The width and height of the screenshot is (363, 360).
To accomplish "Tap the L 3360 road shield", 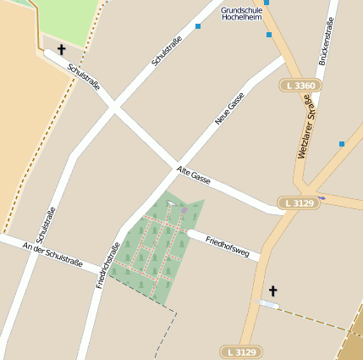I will pyautogui.click(x=300, y=86).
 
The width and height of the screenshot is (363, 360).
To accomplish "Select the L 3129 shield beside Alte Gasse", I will pyautogui.click(x=299, y=203).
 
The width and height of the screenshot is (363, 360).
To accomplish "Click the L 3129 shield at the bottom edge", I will pyautogui.click(x=240, y=352).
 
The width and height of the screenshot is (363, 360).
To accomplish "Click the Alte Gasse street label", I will pyautogui.click(x=193, y=175).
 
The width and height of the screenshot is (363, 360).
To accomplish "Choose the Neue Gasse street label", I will pyautogui.click(x=229, y=109).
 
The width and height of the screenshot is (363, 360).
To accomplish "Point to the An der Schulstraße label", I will pyautogui.click(x=52, y=256).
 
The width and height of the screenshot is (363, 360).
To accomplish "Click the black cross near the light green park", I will pyautogui.click(x=61, y=50).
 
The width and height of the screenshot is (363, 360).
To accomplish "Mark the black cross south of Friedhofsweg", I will pyautogui.click(x=272, y=291).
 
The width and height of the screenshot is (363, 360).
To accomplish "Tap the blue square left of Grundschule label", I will pyautogui.click(x=198, y=26).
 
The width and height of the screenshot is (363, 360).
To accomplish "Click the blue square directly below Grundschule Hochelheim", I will pyautogui.click(x=269, y=35).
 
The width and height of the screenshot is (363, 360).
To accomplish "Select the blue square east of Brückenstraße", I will pyautogui.click(x=342, y=144).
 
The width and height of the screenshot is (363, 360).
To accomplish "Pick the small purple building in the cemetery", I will pyautogui.click(x=184, y=209).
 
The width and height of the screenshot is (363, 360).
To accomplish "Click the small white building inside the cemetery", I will pyautogui.click(x=170, y=203).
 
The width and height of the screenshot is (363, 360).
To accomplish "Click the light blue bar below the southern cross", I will pyautogui.click(x=268, y=304).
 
